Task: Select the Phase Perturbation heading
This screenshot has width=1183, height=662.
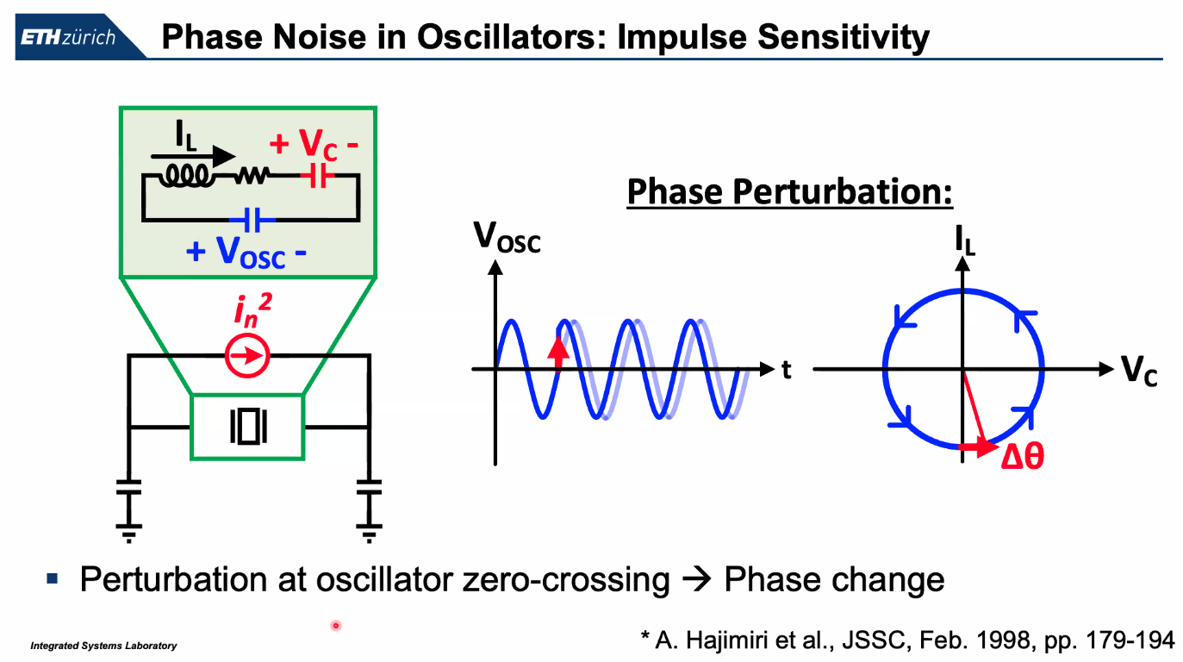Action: click(789, 191)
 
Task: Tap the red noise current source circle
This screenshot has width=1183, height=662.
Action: click(248, 355)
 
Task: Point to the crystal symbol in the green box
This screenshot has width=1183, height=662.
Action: click(247, 426)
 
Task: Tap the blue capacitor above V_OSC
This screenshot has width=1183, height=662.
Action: click(251, 220)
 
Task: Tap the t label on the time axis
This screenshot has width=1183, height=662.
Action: click(786, 370)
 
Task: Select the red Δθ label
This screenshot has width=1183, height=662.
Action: click(1023, 457)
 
